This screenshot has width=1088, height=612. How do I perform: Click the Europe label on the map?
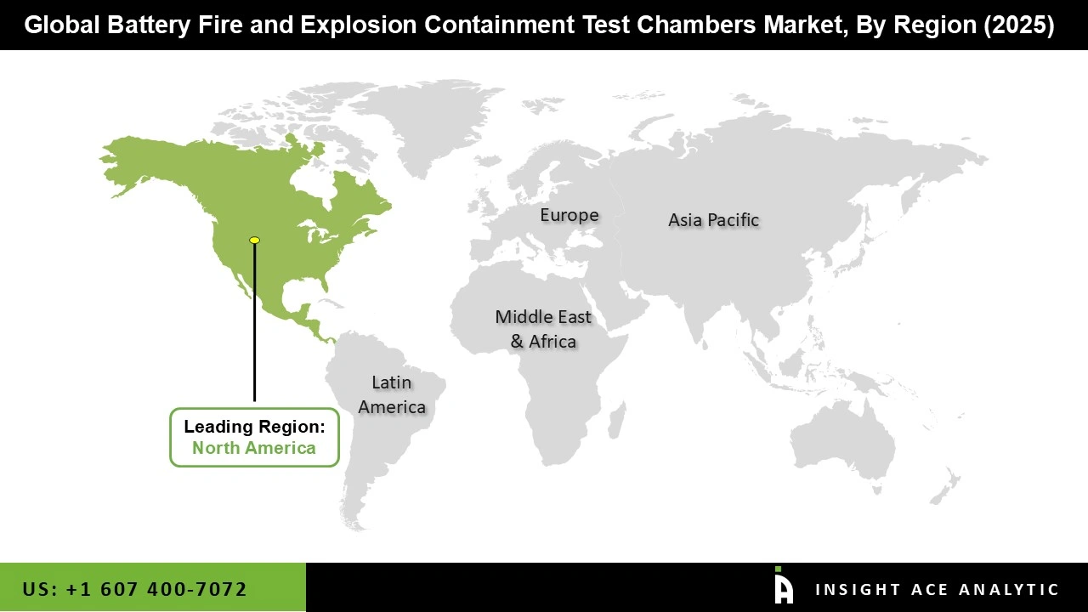(x=569, y=215)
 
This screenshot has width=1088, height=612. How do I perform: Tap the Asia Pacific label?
(x=713, y=219)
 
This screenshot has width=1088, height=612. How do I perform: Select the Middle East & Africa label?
(x=543, y=329)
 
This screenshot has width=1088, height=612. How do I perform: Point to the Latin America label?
(x=392, y=394)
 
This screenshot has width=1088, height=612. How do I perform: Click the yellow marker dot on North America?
(x=254, y=241)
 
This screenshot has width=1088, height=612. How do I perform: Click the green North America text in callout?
(x=254, y=448)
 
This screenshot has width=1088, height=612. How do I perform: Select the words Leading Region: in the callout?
(x=254, y=427)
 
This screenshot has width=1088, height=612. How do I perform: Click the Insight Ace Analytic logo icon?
(x=783, y=586)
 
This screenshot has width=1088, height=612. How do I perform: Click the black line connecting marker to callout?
(x=254, y=323)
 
